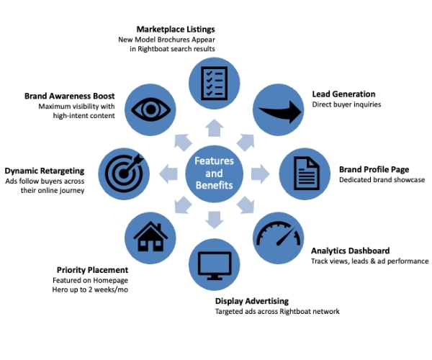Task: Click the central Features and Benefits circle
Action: click(215, 173)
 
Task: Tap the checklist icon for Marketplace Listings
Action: click(214, 81)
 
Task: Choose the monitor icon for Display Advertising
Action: click(214, 264)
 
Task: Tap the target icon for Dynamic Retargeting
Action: click(124, 174)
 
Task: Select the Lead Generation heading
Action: click(343, 94)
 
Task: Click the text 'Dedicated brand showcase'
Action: click(382, 180)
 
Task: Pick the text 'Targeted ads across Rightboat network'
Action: click(277, 311)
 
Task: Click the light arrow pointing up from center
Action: click(215, 128)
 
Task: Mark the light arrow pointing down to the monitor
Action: click(215, 219)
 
